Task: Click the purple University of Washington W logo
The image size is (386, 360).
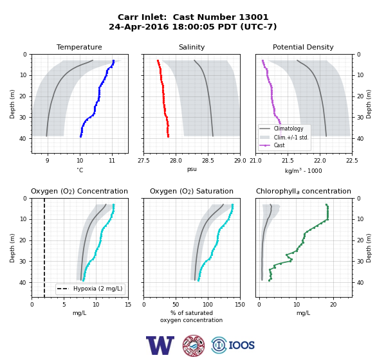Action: pyautogui.click(x=160, y=345)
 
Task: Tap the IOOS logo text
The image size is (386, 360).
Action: pyautogui.click(x=241, y=345)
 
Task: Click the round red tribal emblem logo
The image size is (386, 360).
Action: pyautogui.click(x=194, y=345)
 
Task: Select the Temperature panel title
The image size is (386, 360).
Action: pyautogui.click(x=79, y=47)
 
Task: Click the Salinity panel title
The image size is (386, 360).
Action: pyautogui.click(x=192, y=47)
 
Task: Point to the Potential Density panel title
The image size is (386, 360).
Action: pyautogui.click(x=303, y=47)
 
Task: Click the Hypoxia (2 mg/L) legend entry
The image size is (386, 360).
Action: pyautogui.click(x=90, y=289)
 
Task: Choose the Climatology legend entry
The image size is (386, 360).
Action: pyautogui.click(x=282, y=129)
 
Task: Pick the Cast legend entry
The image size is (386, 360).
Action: pyautogui.click(x=272, y=145)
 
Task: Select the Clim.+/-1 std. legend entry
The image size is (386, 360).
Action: pyautogui.click(x=284, y=137)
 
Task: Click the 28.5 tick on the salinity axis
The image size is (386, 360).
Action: pyautogui.click(x=208, y=161)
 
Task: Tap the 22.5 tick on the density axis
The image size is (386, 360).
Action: pyautogui.click(x=352, y=161)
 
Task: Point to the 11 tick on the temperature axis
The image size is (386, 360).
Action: pyautogui.click(x=112, y=161)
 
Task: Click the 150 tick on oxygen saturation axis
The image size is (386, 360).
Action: pyautogui.click(x=240, y=305)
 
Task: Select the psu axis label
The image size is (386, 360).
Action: pyautogui.click(x=192, y=169)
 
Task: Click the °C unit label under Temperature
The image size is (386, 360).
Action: pyautogui.click(x=80, y=170)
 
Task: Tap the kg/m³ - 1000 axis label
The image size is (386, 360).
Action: pyautogui.click(x=303, y=170)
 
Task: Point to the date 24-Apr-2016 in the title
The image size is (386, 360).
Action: pyautogui.click(x=139, y=26)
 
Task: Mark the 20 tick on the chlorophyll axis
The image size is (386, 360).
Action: pyautogui.click(x=333, y=305)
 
